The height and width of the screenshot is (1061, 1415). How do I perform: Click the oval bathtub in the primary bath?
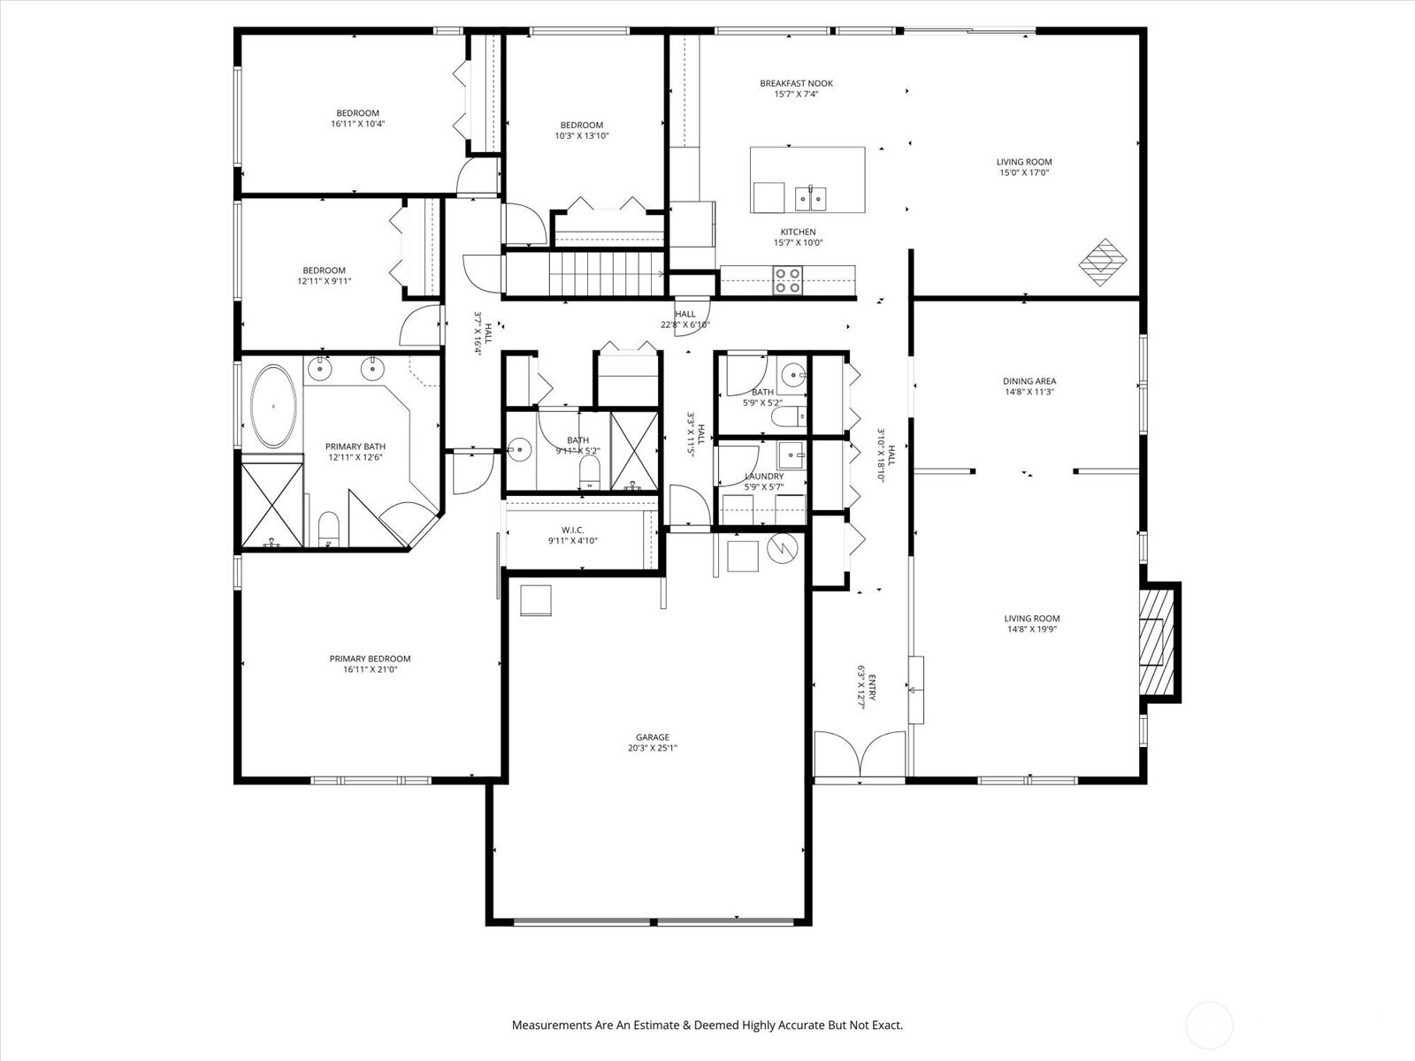coord(273,407)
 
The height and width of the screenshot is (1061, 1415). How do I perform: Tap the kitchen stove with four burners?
coord(788,281)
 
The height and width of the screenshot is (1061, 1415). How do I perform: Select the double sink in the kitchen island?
coord(810,198)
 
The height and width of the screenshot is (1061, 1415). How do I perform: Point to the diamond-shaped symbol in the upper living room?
coord(1103,263)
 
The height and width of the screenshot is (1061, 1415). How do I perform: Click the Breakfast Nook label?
coord(796,83)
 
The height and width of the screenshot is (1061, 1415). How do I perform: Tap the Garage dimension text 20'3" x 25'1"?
coord(653,748)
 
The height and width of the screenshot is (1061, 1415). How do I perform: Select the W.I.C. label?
coord(572,530)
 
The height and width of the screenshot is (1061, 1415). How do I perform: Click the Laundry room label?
coord(764,476)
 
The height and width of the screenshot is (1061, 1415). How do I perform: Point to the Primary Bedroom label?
coord(370,659)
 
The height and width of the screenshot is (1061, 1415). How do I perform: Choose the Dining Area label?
coord(1029,381)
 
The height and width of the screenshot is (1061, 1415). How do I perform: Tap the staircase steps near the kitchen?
coord(606,274)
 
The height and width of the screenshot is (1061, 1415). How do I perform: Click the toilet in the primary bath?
coord(329,528)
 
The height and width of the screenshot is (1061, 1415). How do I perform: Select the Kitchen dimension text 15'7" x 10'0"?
coord(798,243)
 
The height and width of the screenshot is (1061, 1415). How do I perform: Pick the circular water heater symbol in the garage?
coord(783,548)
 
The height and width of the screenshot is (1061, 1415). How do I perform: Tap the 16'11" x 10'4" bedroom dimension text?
coord(358,124)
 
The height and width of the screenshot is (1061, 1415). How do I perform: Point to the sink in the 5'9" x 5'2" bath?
coord(792,374)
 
